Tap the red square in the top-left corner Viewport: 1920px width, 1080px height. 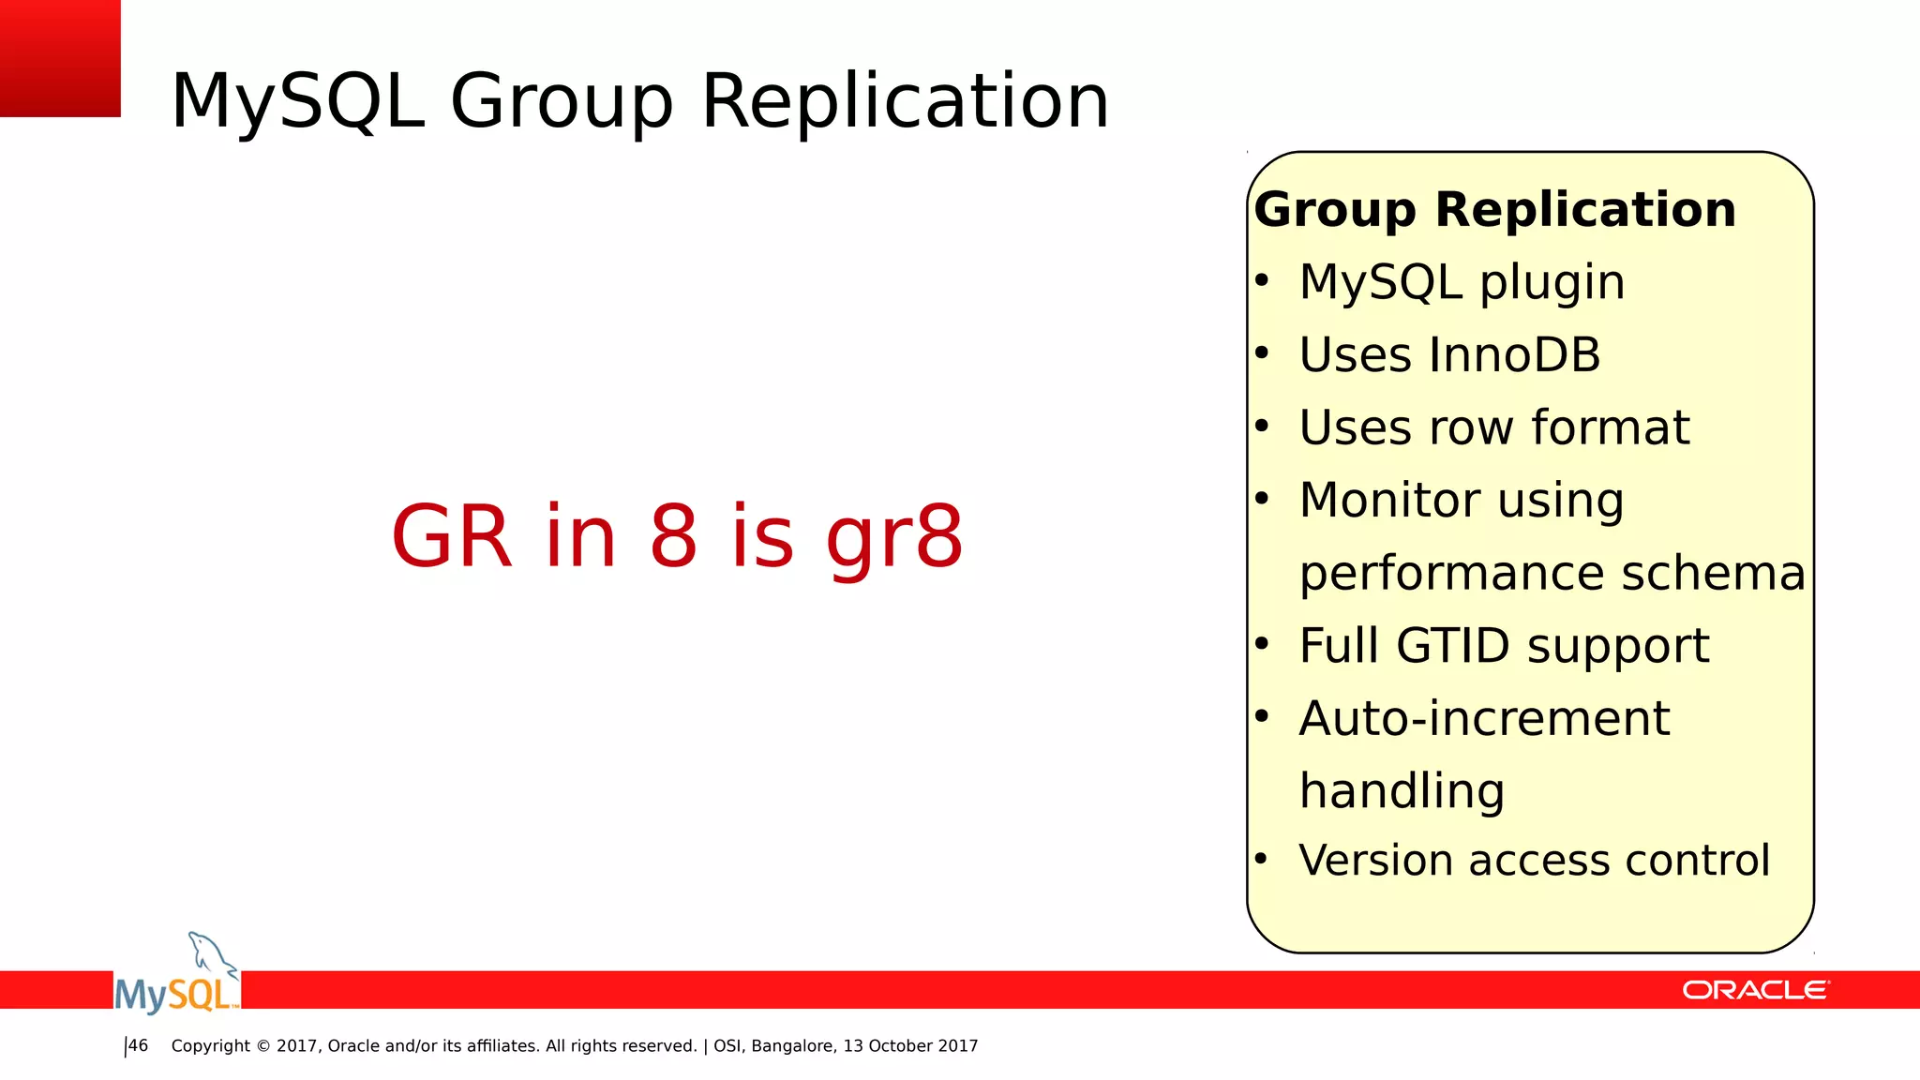(60, 58)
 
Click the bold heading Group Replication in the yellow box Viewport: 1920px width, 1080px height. (1494, 209)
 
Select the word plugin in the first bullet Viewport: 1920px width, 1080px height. (1552, 283)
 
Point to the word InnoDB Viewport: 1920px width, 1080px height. (1515, 355)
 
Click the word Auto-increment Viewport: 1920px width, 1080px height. (1483, 719)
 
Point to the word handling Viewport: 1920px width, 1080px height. (1402, 792)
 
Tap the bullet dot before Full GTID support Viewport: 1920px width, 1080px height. (1262, 643)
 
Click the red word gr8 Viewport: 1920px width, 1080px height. (893, 538)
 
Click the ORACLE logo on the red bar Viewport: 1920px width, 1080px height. (1755, 990)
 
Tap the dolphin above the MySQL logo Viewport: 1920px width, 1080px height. (212, 952)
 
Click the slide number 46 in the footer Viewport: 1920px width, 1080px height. (138, 1045)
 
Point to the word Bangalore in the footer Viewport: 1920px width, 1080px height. (793, 1046)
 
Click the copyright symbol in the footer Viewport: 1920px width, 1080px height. (262, 1046)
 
